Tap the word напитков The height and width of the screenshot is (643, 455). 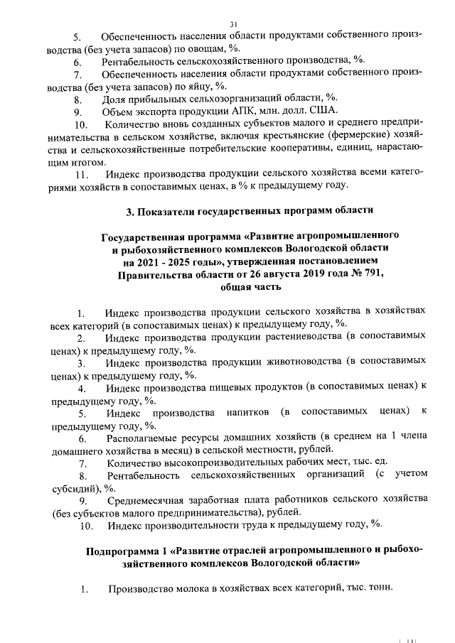click(x=249, y=413)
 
